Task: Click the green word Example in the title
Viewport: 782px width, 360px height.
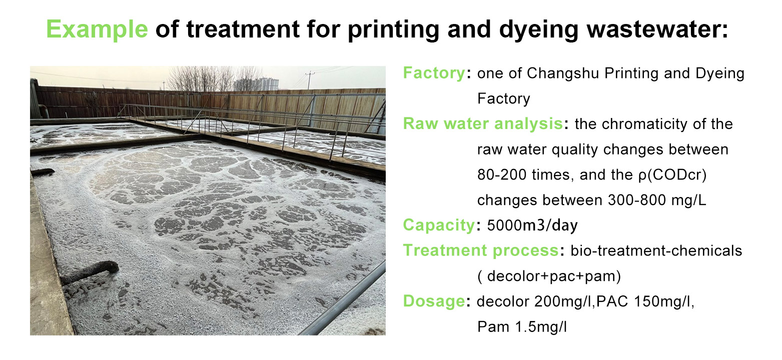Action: [x=97, y=29]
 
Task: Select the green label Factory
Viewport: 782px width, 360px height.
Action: [x=434, y=73]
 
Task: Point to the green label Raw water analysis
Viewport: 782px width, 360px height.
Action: [x=483, y=123]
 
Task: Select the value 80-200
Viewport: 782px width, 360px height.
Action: [x=502, y=174]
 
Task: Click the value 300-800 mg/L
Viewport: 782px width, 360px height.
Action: [x=657, y=200]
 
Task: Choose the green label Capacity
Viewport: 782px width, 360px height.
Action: [x=439, y=225]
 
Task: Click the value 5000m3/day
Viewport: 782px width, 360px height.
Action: [x=532, y=225]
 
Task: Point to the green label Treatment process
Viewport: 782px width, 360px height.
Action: [x=481, y=250]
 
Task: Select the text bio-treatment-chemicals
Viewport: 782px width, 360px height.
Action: [x=656, y=250]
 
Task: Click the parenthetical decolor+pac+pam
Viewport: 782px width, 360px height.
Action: [x=549, y=276]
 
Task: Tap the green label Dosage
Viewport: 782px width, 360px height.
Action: [x=434, y=301]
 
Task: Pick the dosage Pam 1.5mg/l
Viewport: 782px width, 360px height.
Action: [x=522, y=327]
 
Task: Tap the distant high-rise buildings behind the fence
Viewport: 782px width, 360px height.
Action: [x=257, y=84]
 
